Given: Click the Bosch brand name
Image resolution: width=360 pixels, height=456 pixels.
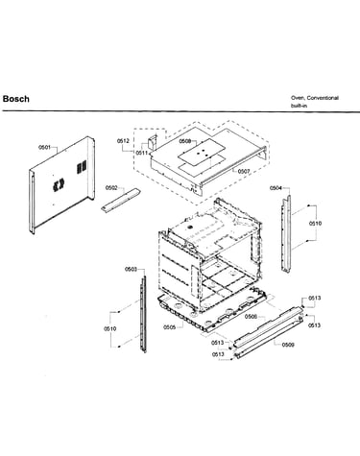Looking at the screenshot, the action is (16, 99).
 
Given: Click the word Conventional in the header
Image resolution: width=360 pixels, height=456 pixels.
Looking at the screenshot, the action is (323, 98).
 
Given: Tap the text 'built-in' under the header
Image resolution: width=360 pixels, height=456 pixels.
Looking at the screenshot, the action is (299, 106).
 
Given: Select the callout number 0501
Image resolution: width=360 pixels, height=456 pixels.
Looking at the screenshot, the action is (45, 147).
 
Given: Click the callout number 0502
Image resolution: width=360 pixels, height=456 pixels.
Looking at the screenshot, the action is (111, 188).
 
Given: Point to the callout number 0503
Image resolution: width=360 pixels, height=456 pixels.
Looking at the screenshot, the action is (131, 269).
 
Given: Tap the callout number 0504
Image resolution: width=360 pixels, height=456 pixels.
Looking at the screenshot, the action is (276, 188).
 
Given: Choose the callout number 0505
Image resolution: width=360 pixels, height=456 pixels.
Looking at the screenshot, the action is (170, 327).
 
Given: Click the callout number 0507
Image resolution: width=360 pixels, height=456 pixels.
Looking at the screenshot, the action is (244, 172).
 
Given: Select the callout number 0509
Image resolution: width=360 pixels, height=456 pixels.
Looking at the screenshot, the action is (288, 345).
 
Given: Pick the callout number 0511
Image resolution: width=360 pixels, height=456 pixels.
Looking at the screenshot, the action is (142, 153).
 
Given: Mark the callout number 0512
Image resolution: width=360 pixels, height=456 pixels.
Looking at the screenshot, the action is (123, 141).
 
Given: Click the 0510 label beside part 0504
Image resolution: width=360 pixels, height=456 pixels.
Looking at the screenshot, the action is (315, 224).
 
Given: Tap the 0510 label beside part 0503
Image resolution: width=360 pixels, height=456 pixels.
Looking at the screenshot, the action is (109, 328).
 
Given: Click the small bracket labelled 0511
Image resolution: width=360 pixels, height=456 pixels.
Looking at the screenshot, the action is (153, 142).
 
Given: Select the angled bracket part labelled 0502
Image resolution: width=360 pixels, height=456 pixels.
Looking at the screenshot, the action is (121, 200).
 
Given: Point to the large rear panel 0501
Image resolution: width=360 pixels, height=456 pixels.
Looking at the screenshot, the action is (61, 185).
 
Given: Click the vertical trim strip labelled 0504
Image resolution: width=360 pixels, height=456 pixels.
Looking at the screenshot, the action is (286, 233).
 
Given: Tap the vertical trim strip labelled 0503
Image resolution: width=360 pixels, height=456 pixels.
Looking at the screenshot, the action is (143, 314).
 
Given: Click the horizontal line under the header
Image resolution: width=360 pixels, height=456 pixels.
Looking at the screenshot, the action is (181, 111).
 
